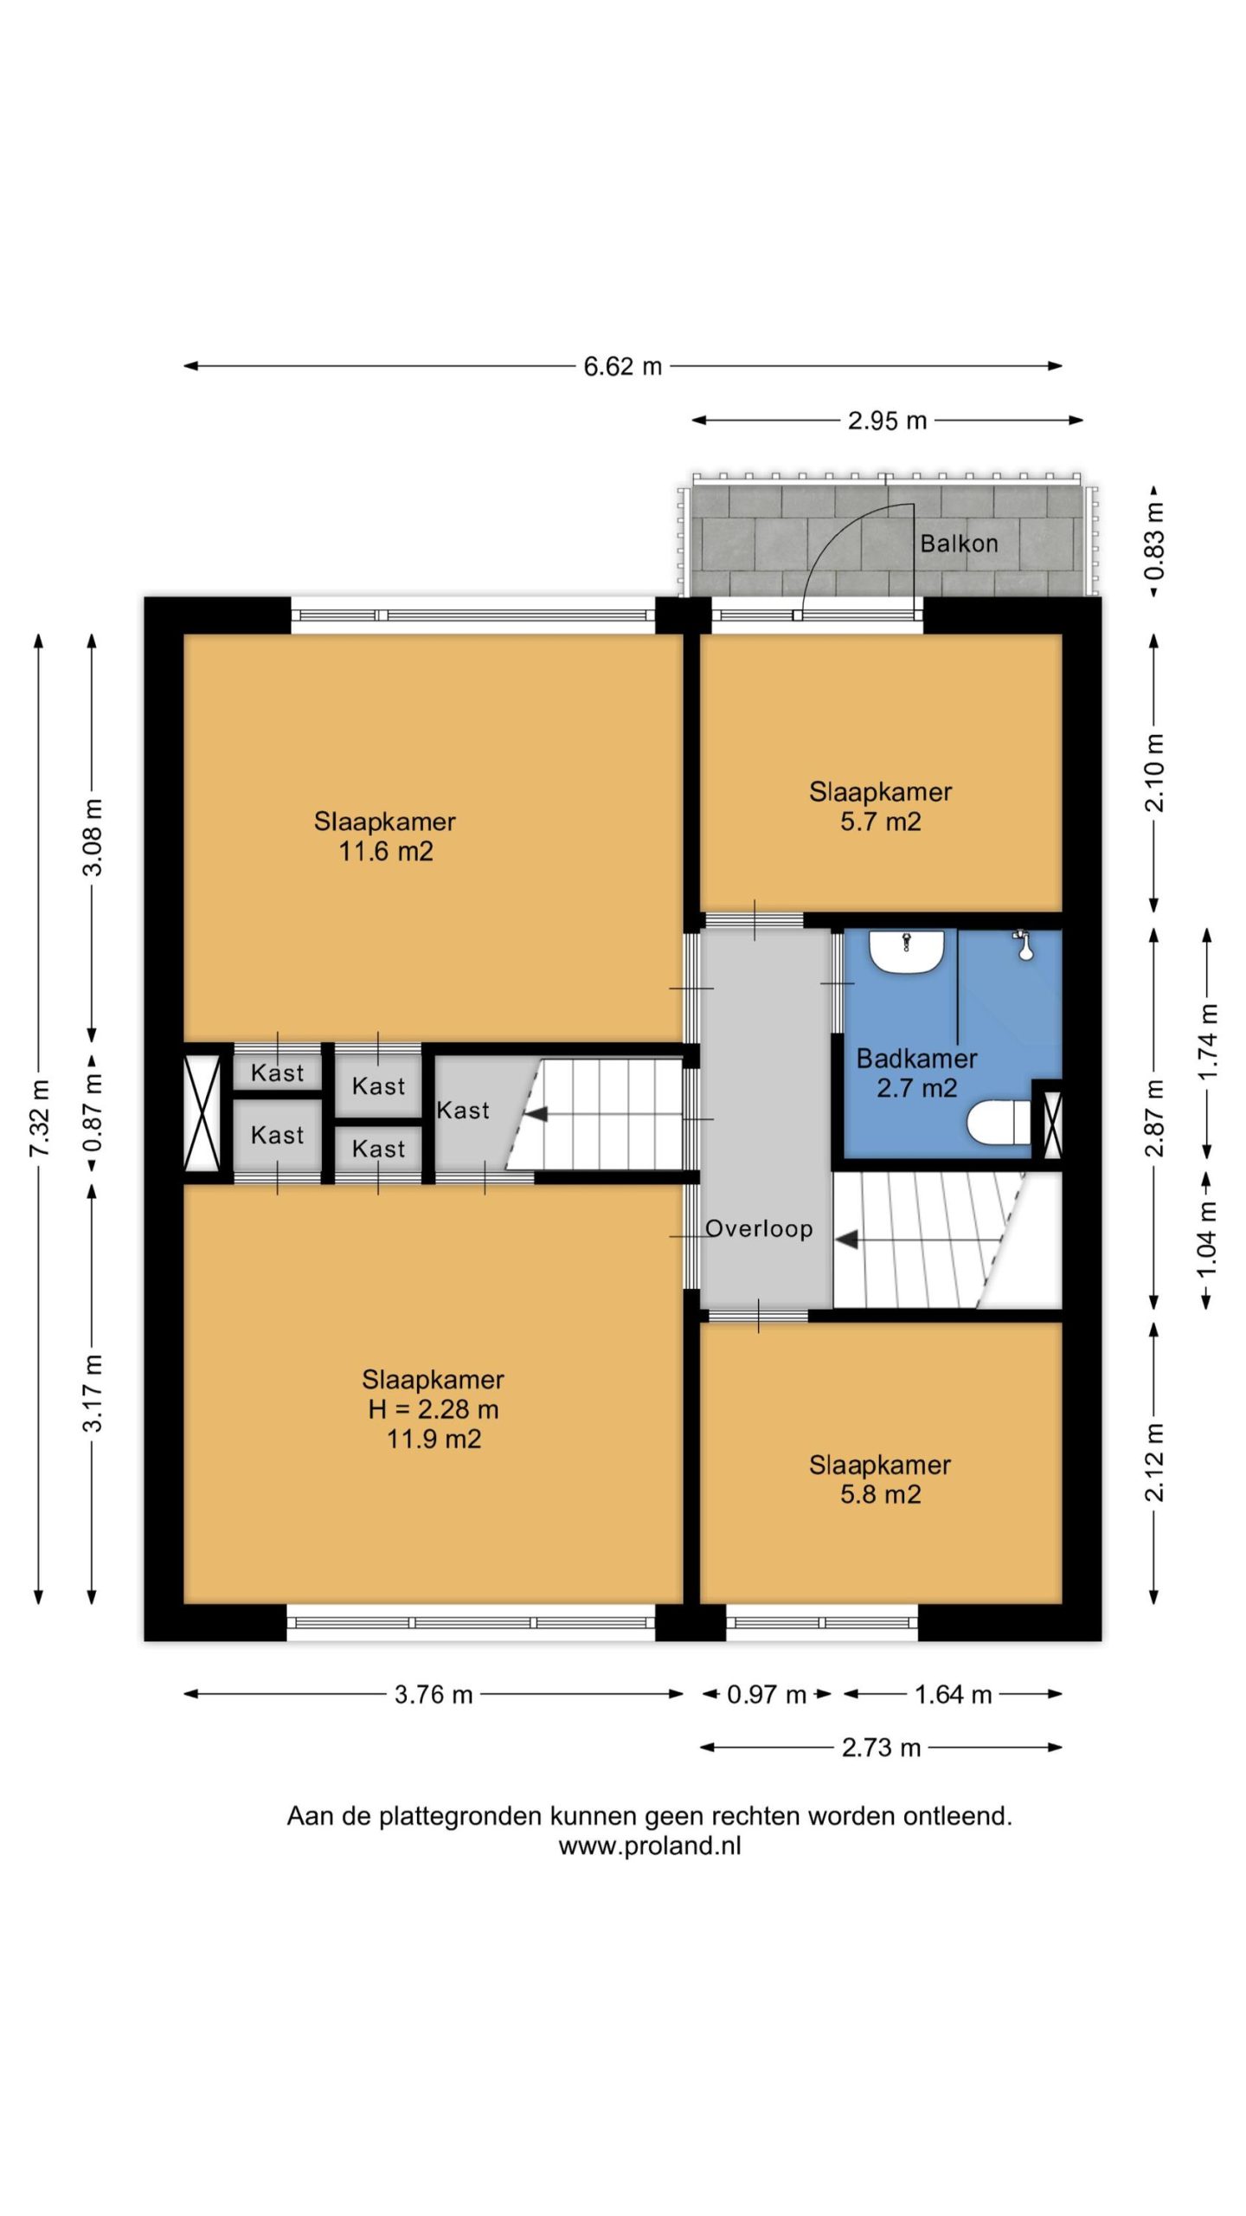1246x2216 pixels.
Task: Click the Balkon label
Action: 959,544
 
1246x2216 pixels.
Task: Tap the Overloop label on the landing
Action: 759,1228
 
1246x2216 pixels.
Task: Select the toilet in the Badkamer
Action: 998,1124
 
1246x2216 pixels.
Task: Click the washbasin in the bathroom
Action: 906,950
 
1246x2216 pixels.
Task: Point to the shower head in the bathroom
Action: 1024,944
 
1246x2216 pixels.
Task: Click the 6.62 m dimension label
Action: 622,366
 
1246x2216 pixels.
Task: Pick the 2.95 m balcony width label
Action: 887,421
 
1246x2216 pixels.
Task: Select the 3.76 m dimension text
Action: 434,1694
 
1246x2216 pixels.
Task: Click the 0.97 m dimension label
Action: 767,1694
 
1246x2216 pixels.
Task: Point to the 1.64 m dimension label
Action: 953,1694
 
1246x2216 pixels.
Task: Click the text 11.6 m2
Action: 386,851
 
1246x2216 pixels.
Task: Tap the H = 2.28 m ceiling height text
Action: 434,1409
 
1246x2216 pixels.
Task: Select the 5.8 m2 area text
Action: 881,1494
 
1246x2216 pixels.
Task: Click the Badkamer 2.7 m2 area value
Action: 917,1087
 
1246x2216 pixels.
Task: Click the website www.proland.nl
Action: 650,1846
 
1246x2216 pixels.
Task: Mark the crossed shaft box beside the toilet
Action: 1052,1124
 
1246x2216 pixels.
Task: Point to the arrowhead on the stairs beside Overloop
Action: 846,1240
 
